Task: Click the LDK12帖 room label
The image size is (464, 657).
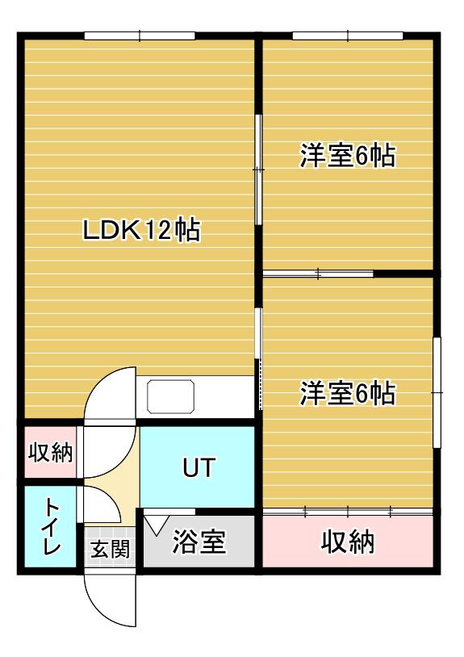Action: coord(141,232)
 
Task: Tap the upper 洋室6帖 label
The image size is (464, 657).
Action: coord(348,156)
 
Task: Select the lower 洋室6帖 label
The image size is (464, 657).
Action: coord(348,394)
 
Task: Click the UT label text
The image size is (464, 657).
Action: coord(198,467)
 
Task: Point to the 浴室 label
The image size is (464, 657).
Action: coord(199,542)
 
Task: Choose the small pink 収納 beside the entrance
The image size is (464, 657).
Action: coord(51,453)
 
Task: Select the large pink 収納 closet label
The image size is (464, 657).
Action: coord(348,542)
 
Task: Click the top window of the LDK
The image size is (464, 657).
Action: coord(140,36)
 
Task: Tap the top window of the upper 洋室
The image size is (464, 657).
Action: coord(348,36)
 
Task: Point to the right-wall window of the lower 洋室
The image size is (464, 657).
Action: coord(437,391)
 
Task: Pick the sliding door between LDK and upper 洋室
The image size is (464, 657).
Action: coord(259,170)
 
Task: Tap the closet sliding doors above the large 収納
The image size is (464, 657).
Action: coord(348,511)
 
